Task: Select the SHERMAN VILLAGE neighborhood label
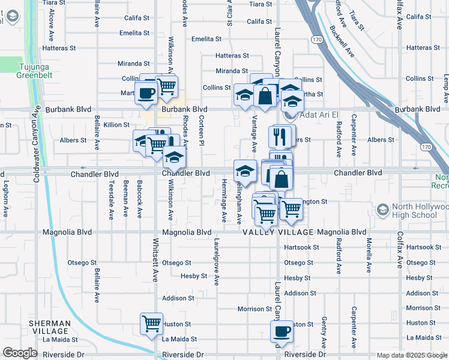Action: (x=50, y=327)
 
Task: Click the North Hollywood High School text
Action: (x=419, y=211)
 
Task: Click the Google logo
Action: (x=19, y=353)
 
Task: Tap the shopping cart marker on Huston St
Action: (x=151, y=323)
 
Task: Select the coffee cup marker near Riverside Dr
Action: (x=281, y=331)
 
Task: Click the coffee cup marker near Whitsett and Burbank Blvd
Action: (x=145, y=93)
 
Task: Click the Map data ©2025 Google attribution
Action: (x=411, y=355)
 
